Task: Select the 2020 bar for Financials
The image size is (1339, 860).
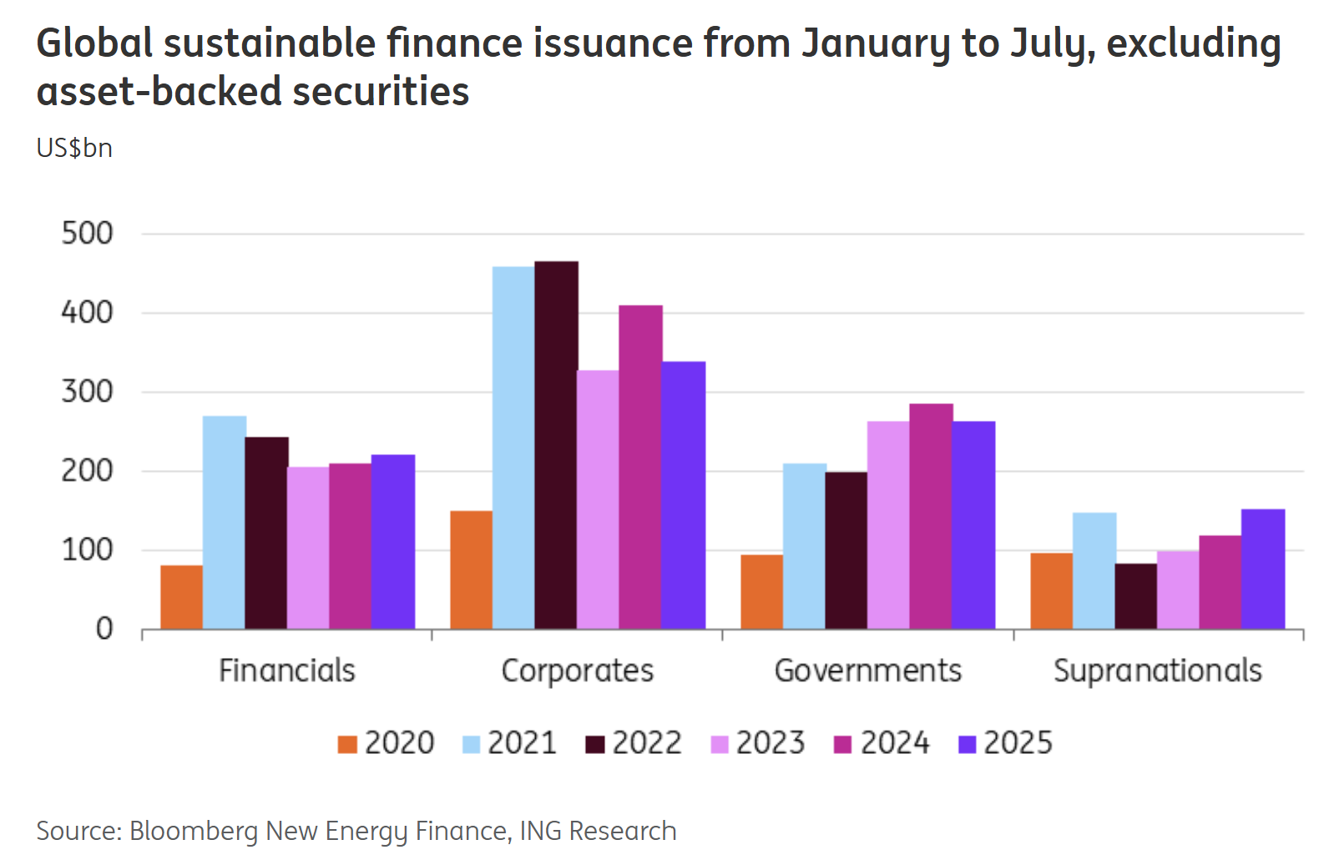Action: click(181, 597)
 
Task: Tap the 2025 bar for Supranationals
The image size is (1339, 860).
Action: click(1262, 569)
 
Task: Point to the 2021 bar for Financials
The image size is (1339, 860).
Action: click(224, 522)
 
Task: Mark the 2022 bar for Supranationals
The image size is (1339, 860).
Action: click(1136, 596)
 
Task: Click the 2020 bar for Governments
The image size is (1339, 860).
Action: click(761, 591)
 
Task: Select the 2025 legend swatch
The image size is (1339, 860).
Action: click(968, 744)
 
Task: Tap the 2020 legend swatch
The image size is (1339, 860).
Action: click(347, 744)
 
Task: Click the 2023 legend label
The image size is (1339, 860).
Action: click(770, 743)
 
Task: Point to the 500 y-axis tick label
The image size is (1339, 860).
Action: click(87, 234)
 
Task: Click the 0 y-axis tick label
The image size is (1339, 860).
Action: click(104, 629)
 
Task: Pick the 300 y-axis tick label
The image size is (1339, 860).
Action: click(87, 392)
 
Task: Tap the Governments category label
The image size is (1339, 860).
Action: click(867, 670)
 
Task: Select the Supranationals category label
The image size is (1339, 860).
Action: click(1157, 670)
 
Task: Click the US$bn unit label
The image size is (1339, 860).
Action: click(74, 148)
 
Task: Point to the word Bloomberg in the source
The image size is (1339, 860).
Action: click(194, 832)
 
